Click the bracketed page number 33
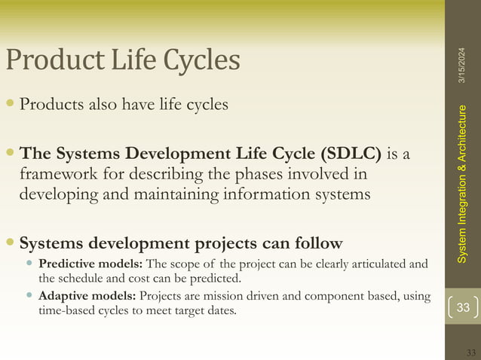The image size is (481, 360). pos(462,307)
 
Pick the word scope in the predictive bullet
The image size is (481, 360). pos(185,264)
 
